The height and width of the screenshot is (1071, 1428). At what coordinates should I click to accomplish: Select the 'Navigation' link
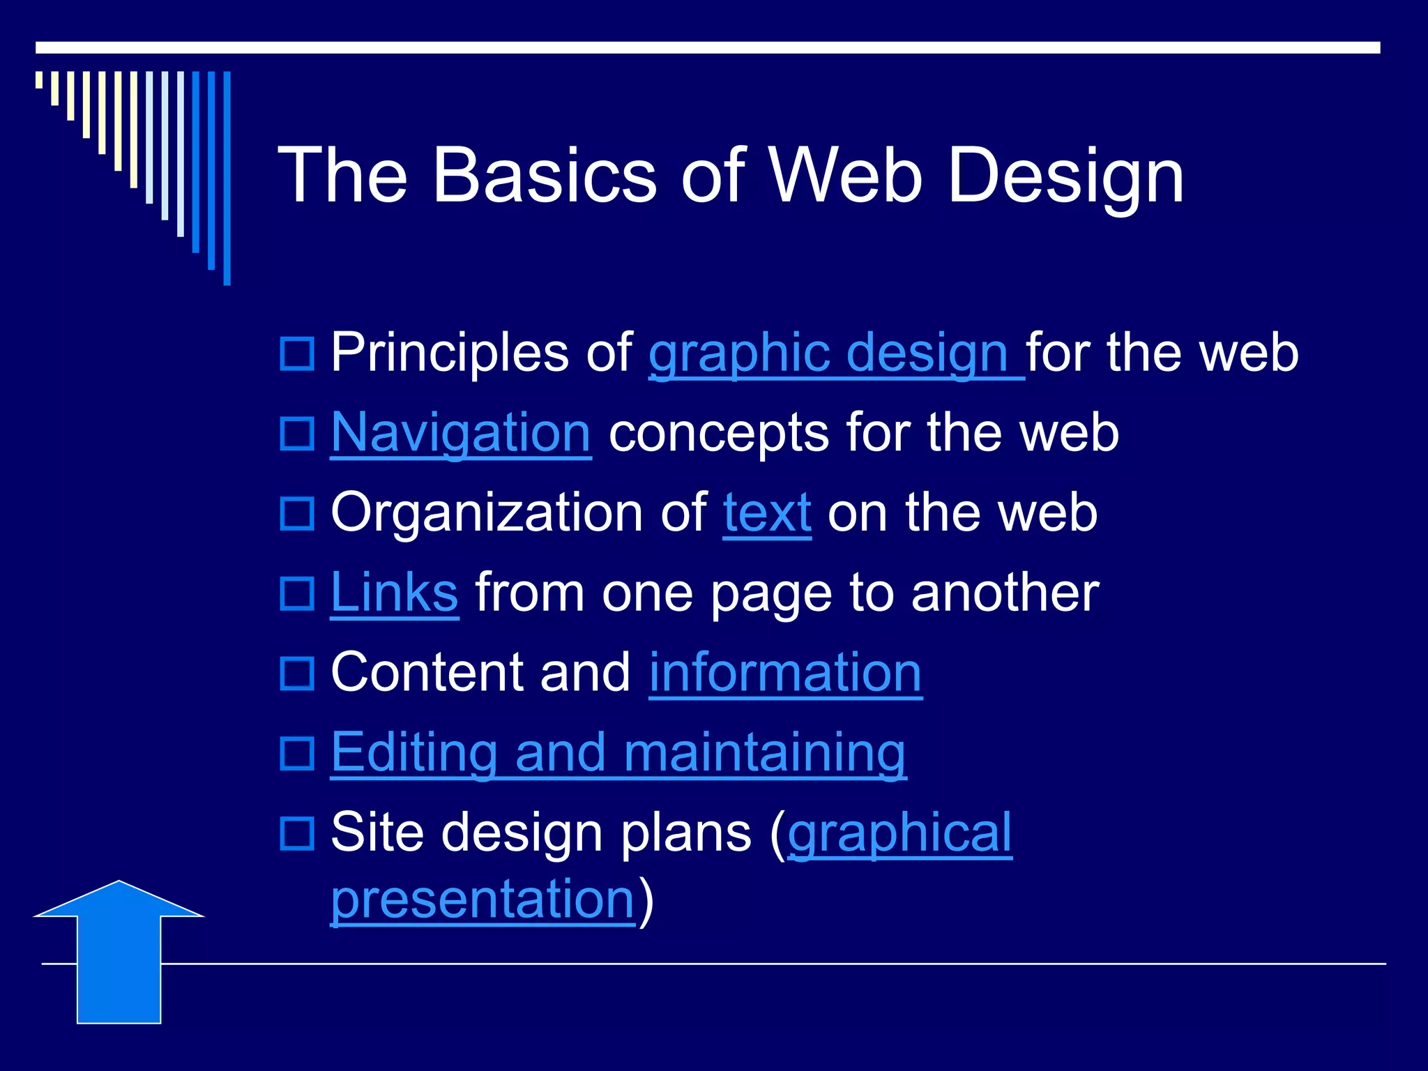point(461,433)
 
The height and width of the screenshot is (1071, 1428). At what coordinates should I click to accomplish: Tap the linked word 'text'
point(767,513)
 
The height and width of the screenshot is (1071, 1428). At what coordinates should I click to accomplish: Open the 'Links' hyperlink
point(394,593)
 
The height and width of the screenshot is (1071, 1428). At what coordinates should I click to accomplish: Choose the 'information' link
point(785,673)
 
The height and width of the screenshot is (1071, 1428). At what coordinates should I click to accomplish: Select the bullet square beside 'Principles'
point(297,354)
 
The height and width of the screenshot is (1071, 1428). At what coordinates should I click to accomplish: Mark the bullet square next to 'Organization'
point(297,513)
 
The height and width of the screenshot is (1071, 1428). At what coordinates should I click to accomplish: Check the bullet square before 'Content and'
point(297,673)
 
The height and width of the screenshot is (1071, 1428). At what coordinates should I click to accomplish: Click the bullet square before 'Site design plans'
point(297,833)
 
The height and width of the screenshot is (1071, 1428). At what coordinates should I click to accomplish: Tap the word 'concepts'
point(718,433)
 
